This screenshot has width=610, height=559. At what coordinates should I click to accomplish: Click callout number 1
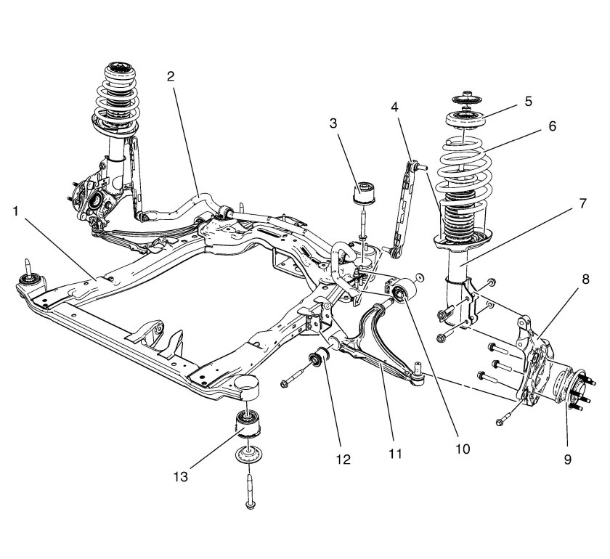click(x=16, y=212)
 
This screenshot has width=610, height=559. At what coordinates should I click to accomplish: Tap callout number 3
click(x=333, y=123)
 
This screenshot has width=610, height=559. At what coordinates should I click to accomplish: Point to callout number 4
click(x=394, y=107)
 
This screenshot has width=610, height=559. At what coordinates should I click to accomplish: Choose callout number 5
click(x=528, y=101)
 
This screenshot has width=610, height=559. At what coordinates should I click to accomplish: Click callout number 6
click(x=553, y=126)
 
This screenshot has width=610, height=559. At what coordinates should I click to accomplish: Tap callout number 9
click(x=567, y=458)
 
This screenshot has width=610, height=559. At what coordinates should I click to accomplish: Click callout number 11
click(x=393, y=454)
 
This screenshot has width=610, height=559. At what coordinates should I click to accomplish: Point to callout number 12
click(x=343, y=459)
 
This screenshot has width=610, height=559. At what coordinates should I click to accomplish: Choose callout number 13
click(x=179, y=476)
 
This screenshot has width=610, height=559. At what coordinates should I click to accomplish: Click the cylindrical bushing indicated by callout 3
click(x=363, y=192)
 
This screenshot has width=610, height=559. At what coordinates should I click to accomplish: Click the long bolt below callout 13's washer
click(x=249, y=490)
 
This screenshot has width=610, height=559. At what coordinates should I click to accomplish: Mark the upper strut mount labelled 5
click(x=467, y=118)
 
